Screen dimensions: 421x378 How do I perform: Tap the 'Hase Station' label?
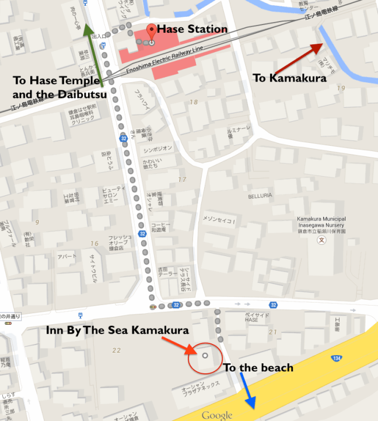[x=192, y=29]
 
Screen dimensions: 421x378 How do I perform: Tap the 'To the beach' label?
[x=258, y=368]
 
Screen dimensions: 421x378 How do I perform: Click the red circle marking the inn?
[x=205, y=356]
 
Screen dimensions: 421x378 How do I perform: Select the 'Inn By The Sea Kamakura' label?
[x=117, y=330]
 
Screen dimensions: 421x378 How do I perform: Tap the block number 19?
[x=340, y=88]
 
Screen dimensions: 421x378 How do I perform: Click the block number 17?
[x=182, y=180]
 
